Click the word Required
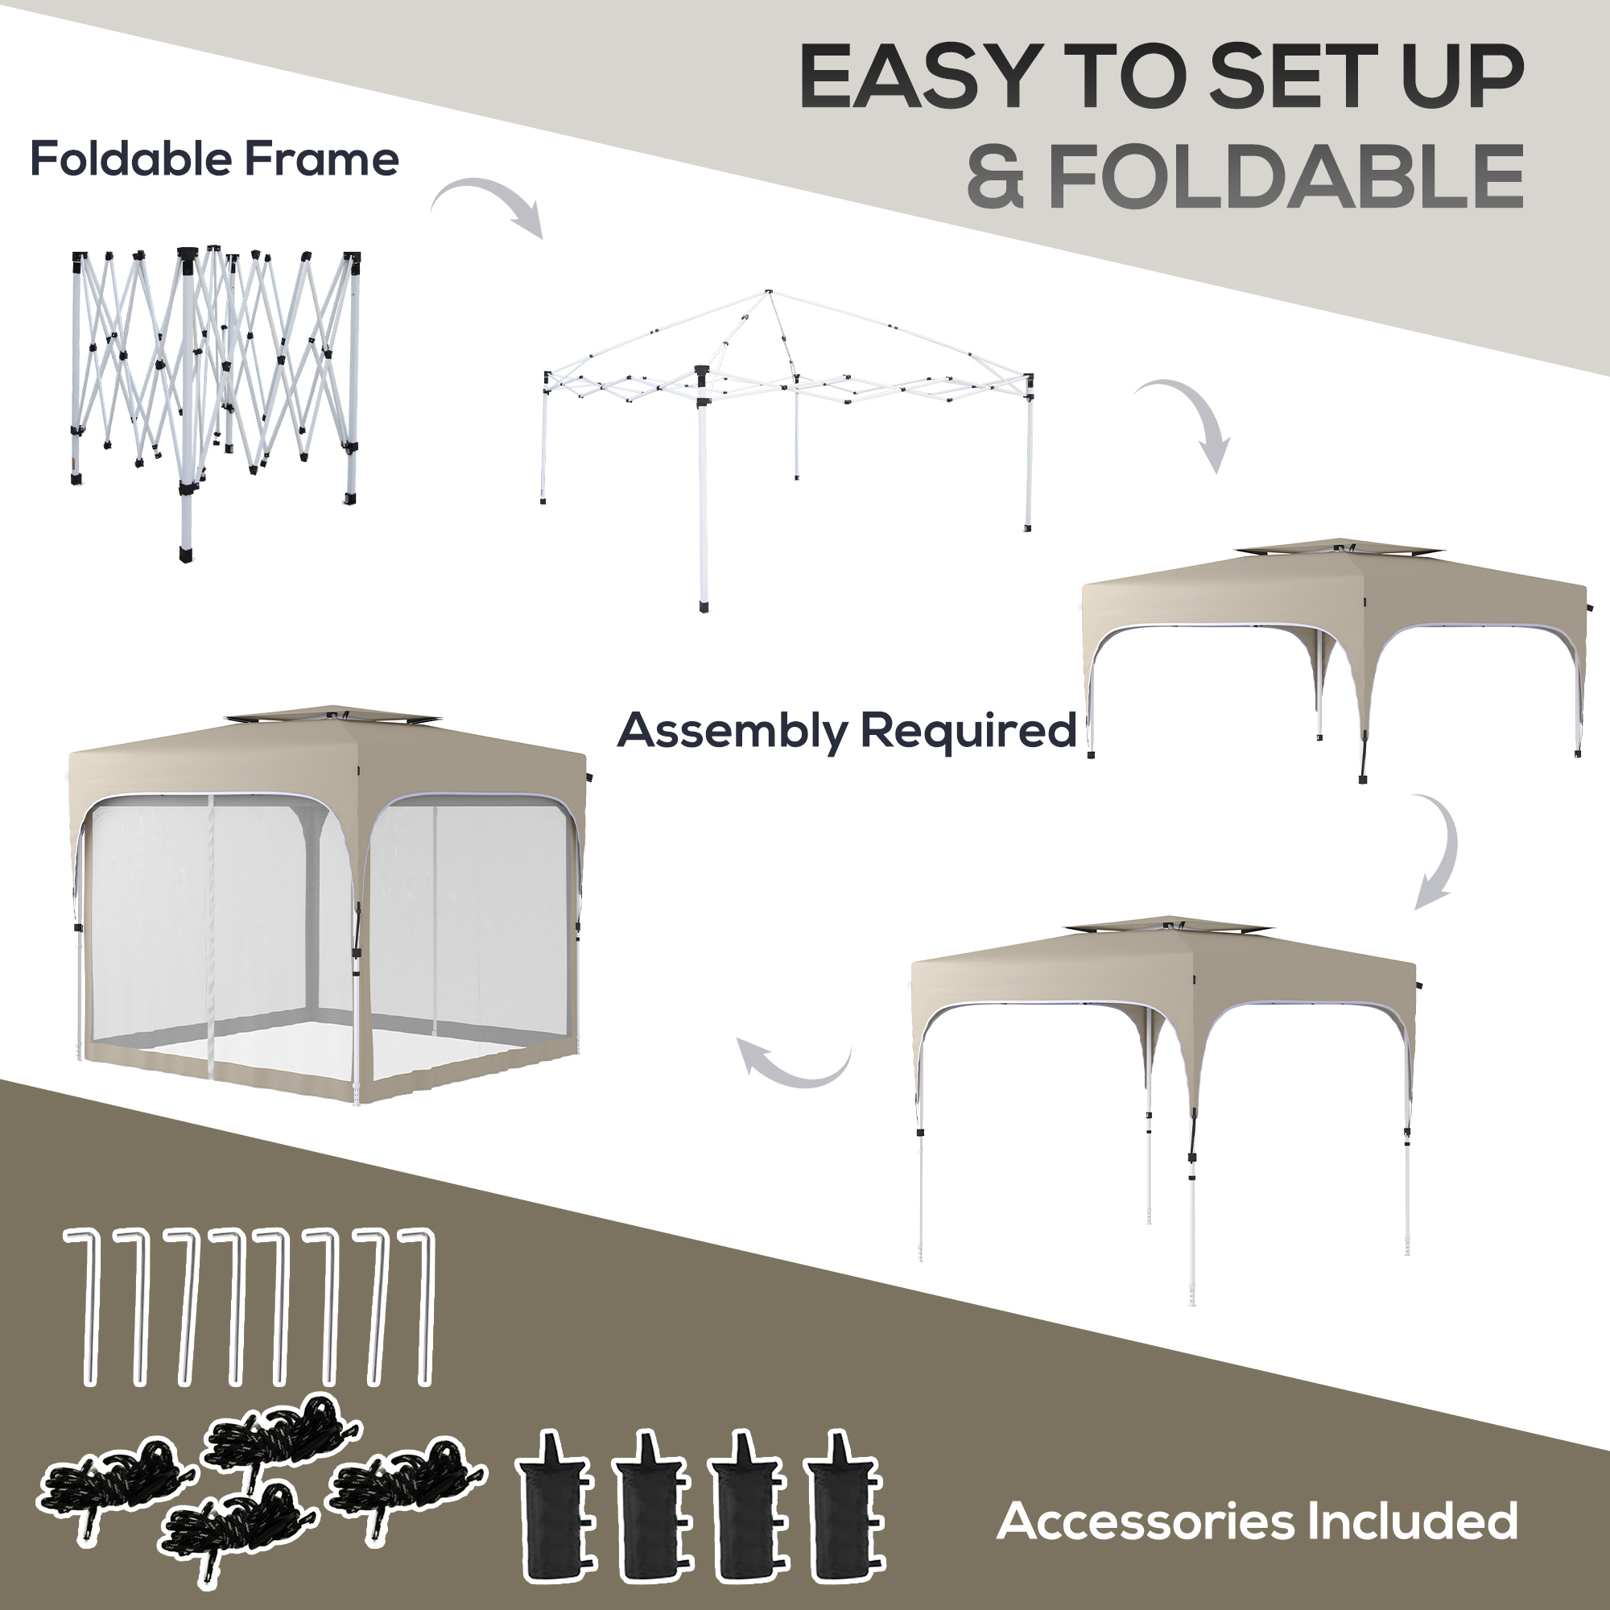[968, 731]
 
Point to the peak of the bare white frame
[768, 293]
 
